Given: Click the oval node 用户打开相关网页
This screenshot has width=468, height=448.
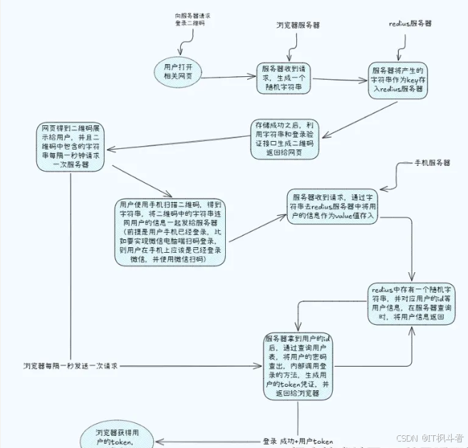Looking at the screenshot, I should click(178, 72).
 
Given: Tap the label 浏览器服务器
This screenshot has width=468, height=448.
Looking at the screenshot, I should click(298, 24).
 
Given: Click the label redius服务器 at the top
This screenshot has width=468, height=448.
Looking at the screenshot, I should click(410, 23).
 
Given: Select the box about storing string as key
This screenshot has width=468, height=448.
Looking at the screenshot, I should click(398, 79).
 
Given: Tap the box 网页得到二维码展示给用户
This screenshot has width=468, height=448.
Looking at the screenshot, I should click(70, 146).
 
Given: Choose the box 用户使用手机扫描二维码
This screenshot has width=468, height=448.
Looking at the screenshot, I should click(171, 232).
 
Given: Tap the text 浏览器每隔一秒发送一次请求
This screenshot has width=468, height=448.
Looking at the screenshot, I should click(70, 365).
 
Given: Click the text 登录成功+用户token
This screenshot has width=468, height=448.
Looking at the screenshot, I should click(298, 442).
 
